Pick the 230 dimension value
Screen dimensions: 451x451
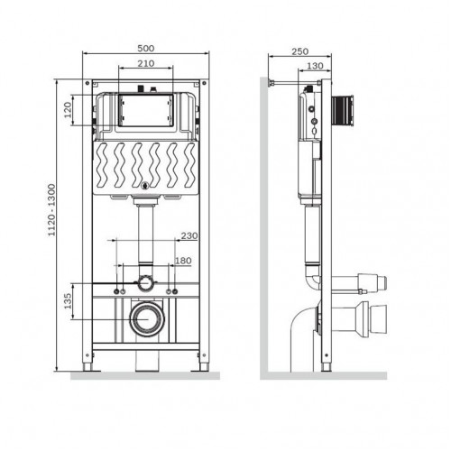[x=189, y=237]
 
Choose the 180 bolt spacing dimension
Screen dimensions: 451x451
[x=182, y=262]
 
